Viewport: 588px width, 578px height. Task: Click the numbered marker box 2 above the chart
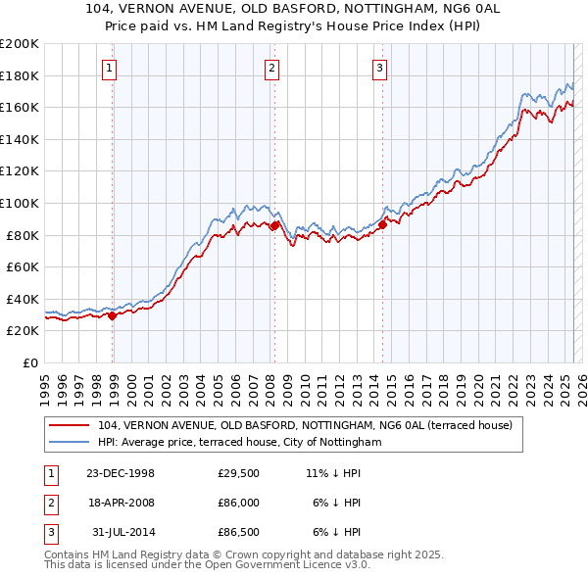(271, 68)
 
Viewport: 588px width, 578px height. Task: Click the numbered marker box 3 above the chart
(379, 68)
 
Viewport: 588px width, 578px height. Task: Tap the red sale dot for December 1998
(112, 315)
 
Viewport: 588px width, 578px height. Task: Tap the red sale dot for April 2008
(274, 225)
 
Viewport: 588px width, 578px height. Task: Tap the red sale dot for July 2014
(382, 224)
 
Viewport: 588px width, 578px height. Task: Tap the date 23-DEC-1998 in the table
(121, 473)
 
